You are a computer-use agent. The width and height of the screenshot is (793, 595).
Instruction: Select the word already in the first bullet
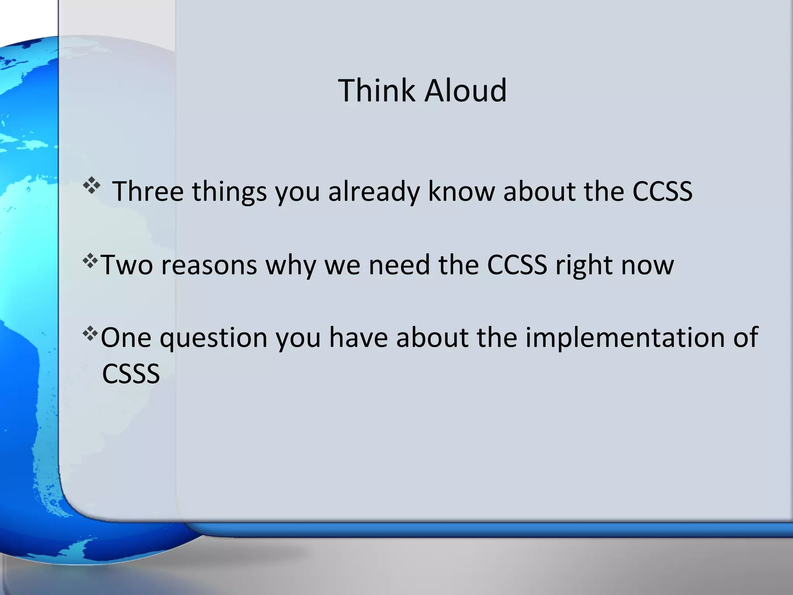[x=374, y=192]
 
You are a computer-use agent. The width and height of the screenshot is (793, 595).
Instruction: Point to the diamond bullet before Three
[x=91, y=186]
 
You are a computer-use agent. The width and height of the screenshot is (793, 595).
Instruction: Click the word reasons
[x=209, y=265]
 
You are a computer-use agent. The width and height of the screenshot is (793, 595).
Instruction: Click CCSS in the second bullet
[x=517, y=265]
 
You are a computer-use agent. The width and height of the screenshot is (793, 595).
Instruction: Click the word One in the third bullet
[x=125, y=337]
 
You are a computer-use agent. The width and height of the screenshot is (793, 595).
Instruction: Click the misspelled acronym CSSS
[x=130, y=374]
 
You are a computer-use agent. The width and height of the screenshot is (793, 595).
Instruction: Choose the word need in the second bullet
[x=399, y=265]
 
